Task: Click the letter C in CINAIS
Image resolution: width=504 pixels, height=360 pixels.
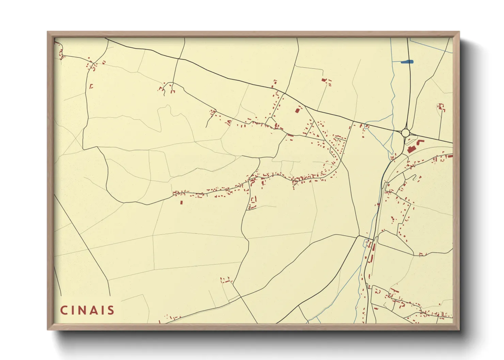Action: [64, 310]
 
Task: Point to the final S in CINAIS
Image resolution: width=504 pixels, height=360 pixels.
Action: [111, 310]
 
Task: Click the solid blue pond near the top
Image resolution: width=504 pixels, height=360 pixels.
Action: [407, 62]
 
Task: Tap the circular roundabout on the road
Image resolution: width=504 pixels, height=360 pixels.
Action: [405, 133]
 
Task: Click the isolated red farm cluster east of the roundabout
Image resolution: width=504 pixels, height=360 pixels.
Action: [441, 107]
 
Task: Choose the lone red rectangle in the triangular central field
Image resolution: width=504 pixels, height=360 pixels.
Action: [297, 110]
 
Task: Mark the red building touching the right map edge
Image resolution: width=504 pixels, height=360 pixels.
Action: [450, 156]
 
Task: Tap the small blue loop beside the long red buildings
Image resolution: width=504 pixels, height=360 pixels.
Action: [367, 244]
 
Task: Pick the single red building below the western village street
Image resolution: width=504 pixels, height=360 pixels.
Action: [181, 202]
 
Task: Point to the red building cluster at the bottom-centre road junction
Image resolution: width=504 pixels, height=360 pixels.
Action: [226, 281]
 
